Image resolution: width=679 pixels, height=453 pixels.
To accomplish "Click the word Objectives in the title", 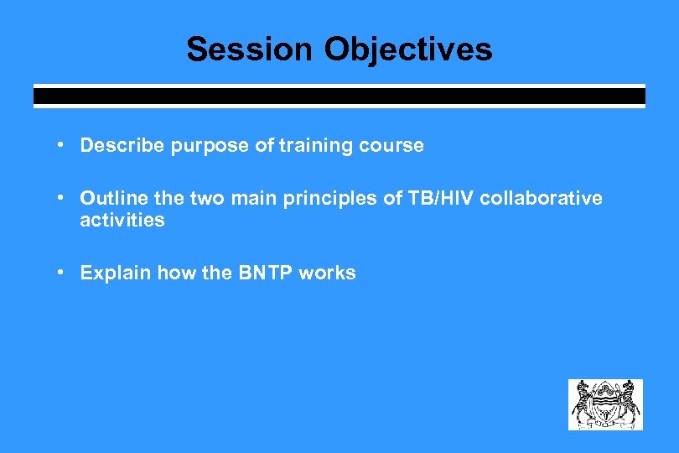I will [408, 49].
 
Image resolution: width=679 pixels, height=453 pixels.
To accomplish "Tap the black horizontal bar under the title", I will [339, 96].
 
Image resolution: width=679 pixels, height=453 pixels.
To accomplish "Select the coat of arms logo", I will [605, 404].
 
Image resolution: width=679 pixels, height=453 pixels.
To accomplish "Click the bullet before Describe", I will [62, 145].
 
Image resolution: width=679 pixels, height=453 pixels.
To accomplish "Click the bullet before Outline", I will [62, 198].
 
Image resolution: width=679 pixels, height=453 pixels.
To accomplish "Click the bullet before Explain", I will [62, 273].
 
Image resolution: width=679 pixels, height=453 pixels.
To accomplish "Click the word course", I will [392, 146].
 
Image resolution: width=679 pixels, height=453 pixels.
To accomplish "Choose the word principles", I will [317, 199].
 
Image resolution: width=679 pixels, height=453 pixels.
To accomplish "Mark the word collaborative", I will [541, 199].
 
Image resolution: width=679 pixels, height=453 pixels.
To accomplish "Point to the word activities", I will [122, 221].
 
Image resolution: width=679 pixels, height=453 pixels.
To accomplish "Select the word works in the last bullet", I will [328, 273].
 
